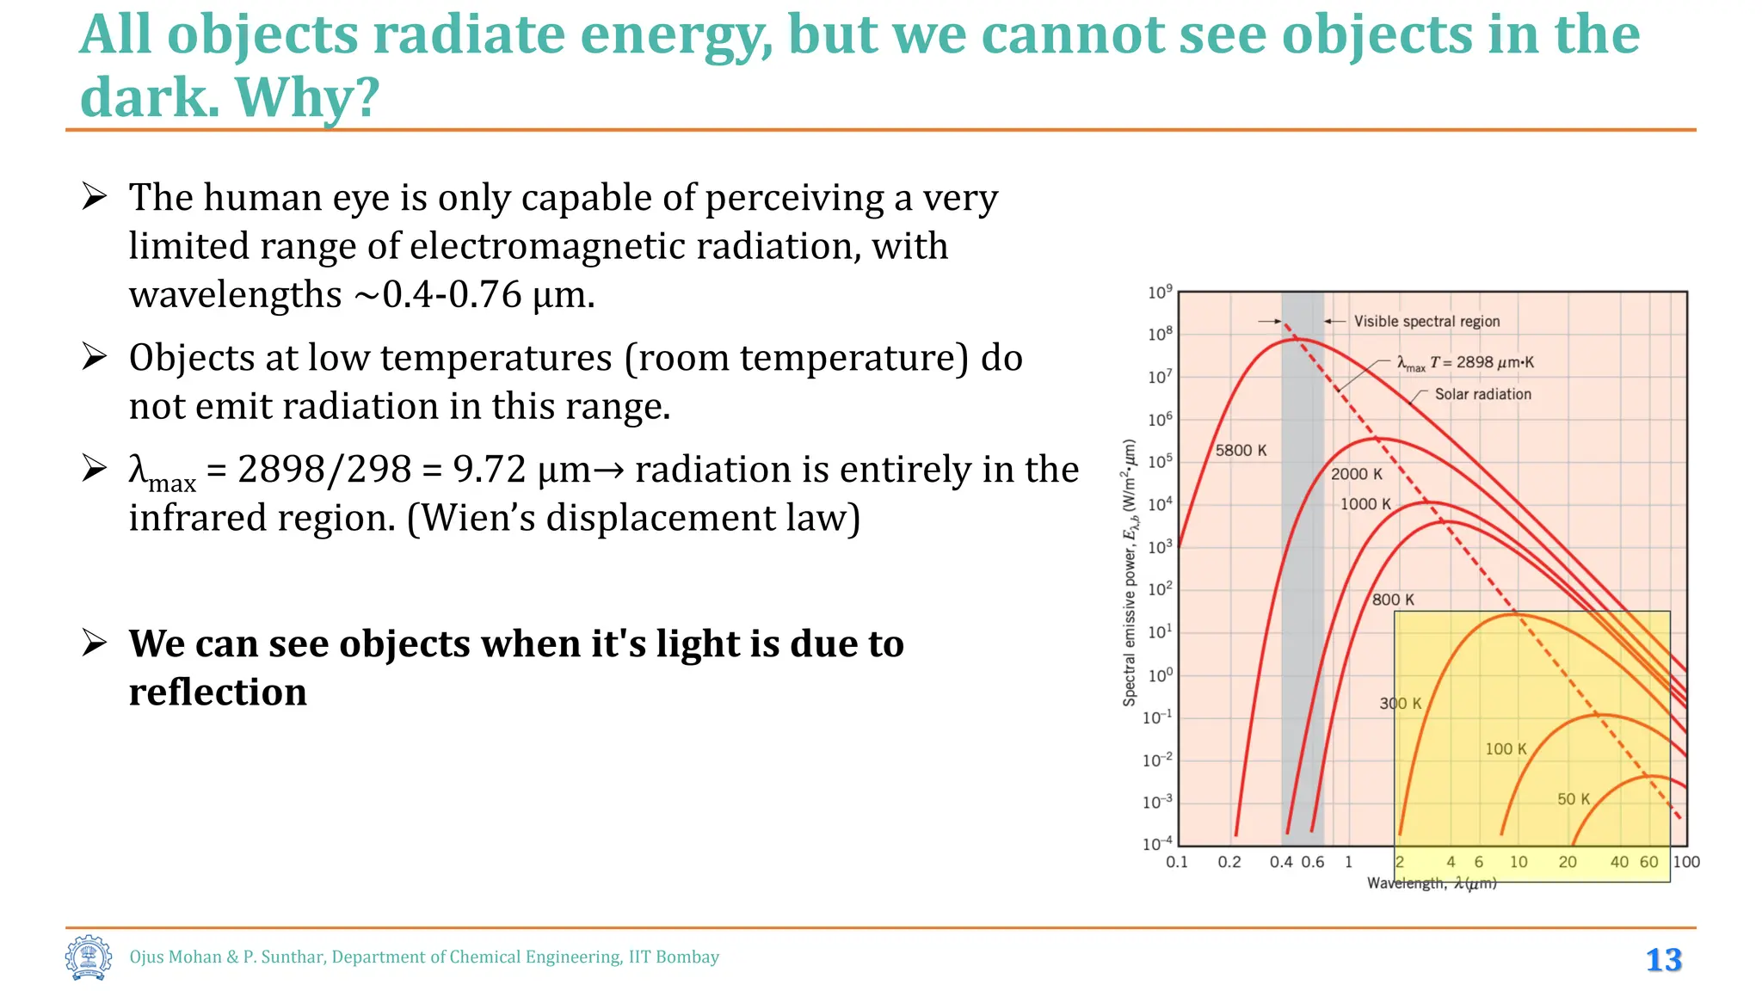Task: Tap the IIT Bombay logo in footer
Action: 88,957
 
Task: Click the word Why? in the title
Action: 306,97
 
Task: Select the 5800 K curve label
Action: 1241,451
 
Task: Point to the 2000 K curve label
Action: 1357,474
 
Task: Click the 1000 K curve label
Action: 1365,504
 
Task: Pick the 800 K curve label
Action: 1393,600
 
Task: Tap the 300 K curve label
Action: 1401,704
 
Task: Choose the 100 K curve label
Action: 1506,749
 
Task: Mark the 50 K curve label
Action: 1574,799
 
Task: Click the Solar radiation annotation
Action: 1482,394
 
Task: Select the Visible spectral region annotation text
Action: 1426,321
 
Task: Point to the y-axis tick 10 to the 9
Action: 1159,292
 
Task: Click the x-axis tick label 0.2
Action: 1229,862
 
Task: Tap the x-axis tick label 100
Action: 1685,862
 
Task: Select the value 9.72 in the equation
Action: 489,470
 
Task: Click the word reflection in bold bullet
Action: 218,692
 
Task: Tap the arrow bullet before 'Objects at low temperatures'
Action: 94,357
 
